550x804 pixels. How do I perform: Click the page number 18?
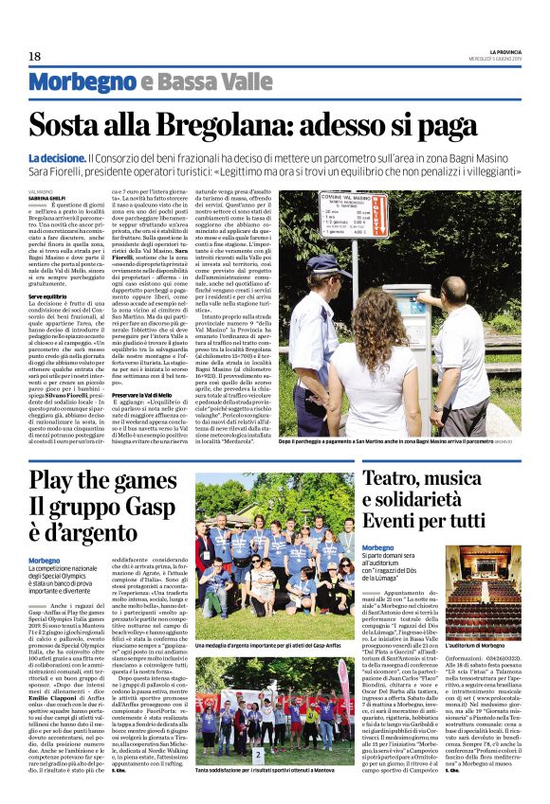click(x=35, y=57)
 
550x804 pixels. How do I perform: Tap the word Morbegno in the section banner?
click(x=82, y=83)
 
